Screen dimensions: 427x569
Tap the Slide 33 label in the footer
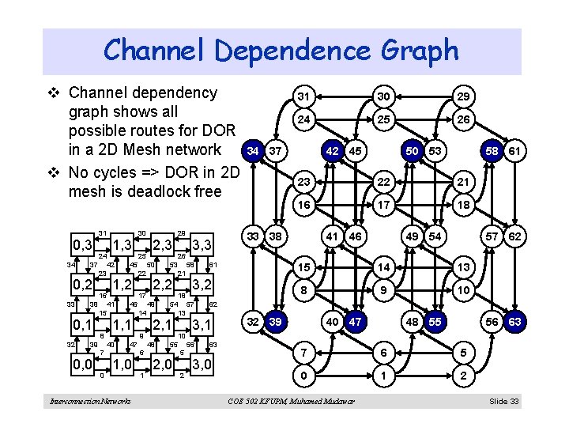pos(503,402)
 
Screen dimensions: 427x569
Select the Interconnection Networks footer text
pos(91,402)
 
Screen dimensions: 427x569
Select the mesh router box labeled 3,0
pos(202,365)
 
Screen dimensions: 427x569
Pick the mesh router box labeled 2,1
pos(163,324)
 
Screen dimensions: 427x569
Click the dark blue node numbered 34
pos(253,150)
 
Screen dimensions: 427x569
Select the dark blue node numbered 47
pos(356,323)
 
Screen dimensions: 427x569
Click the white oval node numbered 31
pos(302,96)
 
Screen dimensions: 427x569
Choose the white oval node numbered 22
pos(382,182)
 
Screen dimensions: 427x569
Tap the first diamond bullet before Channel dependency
pos(52,93)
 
